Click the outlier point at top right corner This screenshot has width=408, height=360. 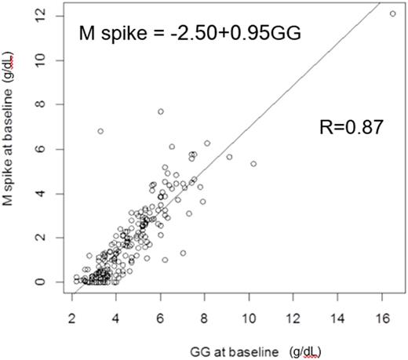[x=392, y=13]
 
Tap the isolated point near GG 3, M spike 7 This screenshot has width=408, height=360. [x=100, y=131]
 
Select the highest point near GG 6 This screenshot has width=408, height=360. [x=160, y=111]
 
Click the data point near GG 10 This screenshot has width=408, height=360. [x=253, y=164]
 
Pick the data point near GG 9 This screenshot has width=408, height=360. [x=229, y=157]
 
